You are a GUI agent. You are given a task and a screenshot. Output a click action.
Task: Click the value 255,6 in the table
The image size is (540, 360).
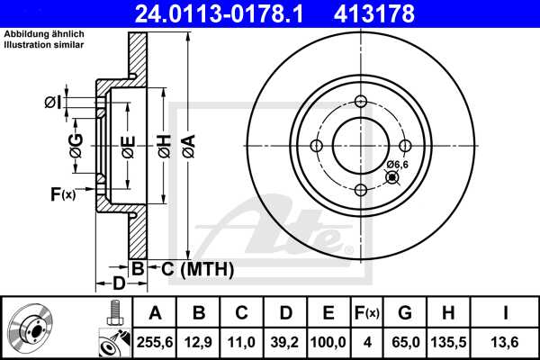pos(155,341)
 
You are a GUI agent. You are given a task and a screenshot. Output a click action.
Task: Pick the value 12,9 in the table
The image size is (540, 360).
pos(199,341)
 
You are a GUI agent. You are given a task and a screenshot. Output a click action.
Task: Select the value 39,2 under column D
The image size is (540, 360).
pos(285,341)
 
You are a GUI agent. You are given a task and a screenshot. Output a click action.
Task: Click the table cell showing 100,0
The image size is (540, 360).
pos(328,341)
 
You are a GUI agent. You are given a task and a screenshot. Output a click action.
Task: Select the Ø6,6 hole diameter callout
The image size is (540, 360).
pos(397,164)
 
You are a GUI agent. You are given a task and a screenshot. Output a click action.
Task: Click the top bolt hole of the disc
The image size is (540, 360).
pos(361,101)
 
